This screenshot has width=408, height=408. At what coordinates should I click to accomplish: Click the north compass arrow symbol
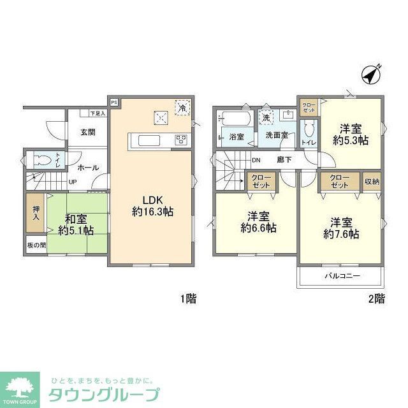point(370,74)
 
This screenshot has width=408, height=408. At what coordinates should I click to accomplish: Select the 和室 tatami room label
point(75,219)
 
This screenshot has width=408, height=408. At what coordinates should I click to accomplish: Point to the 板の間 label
point(36,245)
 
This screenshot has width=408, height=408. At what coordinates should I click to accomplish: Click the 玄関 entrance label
point(88,133)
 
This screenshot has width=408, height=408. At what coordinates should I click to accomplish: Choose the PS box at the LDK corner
point(115,102)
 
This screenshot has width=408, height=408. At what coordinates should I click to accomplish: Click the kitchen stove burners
point(181,140)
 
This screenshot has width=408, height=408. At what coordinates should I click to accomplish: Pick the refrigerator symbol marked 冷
point(182,108)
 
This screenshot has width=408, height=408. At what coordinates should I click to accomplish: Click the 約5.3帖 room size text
point(350,140)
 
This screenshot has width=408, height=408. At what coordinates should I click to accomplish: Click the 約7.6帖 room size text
point(341,234)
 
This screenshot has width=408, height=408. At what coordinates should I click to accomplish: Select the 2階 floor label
point(376,298)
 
